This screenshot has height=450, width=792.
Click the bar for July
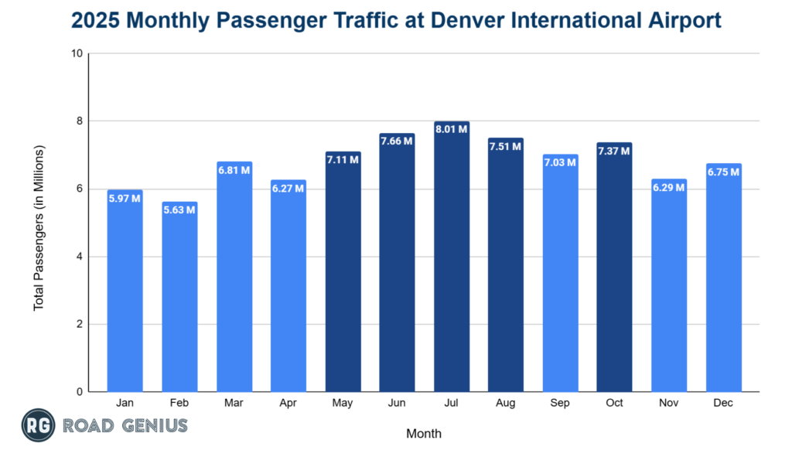(452, 263)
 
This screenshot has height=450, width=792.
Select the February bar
(179, 302)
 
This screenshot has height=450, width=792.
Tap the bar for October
(614, 271)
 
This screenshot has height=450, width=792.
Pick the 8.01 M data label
(452, 129)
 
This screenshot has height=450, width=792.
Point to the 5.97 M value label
(125, 198)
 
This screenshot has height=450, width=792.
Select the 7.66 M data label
(398, 141)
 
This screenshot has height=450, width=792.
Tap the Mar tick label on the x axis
(234, 402)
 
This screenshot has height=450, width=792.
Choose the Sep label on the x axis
(560, 402)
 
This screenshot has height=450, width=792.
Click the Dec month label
(723, 402)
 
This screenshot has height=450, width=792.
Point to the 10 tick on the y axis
(77, 54)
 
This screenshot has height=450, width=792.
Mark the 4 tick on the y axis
(80, 257)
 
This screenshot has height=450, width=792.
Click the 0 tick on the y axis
(80, 392)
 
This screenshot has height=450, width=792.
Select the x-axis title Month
(424, 433)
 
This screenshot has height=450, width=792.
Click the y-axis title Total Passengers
(39, 228)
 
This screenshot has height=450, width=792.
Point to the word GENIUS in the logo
(152, 425)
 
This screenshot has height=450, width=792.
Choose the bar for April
(288, 290)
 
